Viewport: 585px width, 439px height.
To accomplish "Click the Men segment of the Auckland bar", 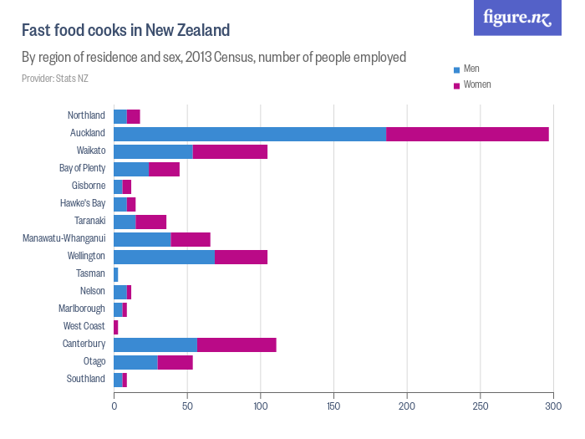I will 250,134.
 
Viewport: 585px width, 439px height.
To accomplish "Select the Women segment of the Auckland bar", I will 467,134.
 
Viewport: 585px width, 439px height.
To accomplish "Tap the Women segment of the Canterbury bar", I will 237,345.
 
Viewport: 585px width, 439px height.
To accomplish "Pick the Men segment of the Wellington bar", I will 164,257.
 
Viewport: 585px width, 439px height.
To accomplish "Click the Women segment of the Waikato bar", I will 230,151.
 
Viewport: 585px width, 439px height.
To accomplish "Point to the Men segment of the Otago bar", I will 135,362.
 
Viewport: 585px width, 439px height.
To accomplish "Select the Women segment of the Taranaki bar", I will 151,222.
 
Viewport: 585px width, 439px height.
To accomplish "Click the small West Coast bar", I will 116,327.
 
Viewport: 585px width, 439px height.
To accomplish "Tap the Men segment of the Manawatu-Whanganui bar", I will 142,239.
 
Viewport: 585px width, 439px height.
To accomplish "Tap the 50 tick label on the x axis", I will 187,406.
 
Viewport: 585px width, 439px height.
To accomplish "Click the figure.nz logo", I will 517,18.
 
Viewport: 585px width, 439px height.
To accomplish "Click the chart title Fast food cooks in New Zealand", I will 125,31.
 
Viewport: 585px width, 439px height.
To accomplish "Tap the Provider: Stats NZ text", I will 55,79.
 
